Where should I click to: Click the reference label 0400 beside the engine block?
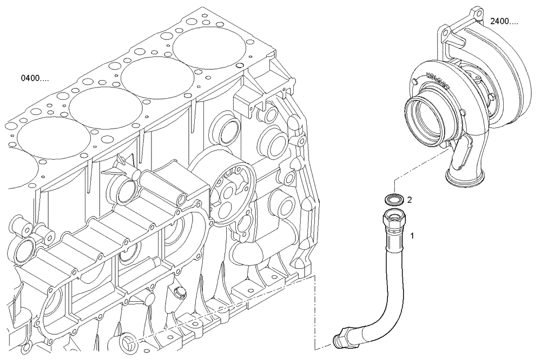pos(35,79)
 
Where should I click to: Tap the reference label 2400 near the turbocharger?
pos(504,22)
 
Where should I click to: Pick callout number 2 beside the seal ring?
pos(410,200)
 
